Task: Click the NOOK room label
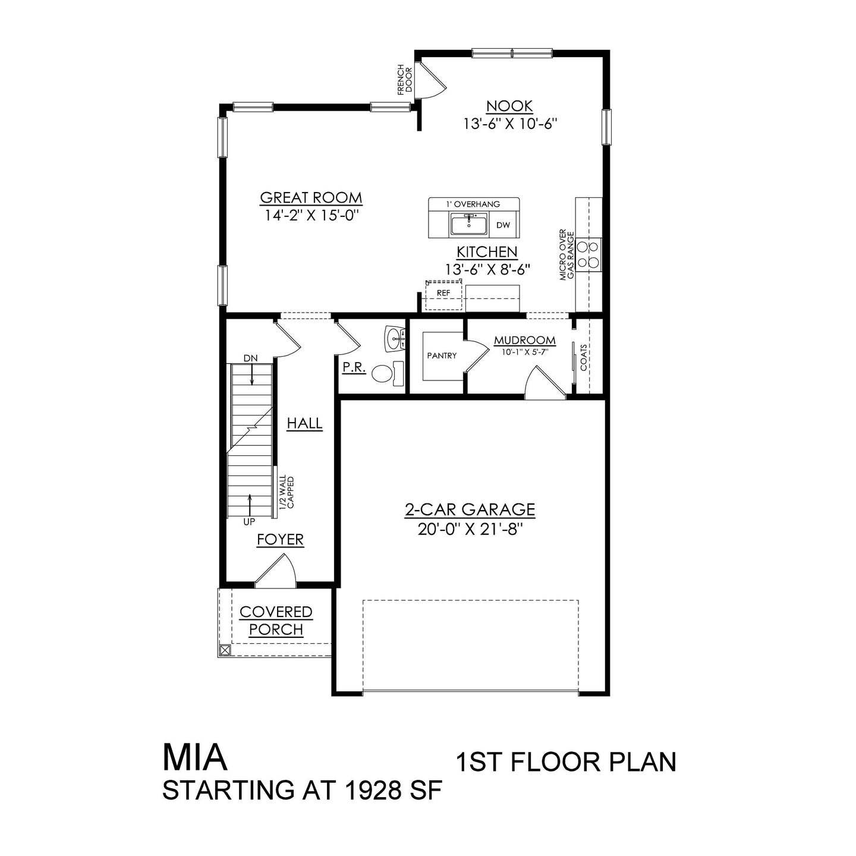(509, 106)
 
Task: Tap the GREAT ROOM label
(311, 198)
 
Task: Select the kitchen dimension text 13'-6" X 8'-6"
(487, 269)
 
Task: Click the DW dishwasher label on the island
(503, 225)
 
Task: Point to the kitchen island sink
(469, 225)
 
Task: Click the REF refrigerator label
(443, 293)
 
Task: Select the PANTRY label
(442, 355)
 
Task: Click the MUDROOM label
(525, 341)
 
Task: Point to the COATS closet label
(584, 357)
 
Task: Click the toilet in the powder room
(383, 373)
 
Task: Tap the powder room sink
(395, 339)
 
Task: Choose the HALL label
(304, 424)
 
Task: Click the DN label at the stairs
(250, 358)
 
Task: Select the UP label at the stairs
(249, 522)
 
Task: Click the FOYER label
(280, 540)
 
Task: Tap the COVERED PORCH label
(276, 621)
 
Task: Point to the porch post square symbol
(225, 650)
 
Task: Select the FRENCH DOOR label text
(404, 79)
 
